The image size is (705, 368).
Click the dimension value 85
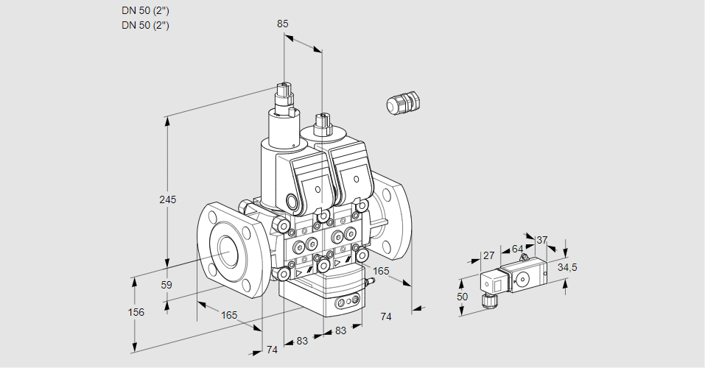(282, 24)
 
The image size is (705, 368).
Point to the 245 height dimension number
(168, 199)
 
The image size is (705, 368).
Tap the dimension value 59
(166, 285)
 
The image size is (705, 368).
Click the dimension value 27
(488, 255)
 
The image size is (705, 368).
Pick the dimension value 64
(517, 249)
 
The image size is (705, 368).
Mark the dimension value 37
(541, 240)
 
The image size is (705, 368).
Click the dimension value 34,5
(567, 267)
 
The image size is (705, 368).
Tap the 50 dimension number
(463, 296)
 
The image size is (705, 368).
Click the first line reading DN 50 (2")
(145, 11)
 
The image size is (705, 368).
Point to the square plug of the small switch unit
(491, 283)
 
